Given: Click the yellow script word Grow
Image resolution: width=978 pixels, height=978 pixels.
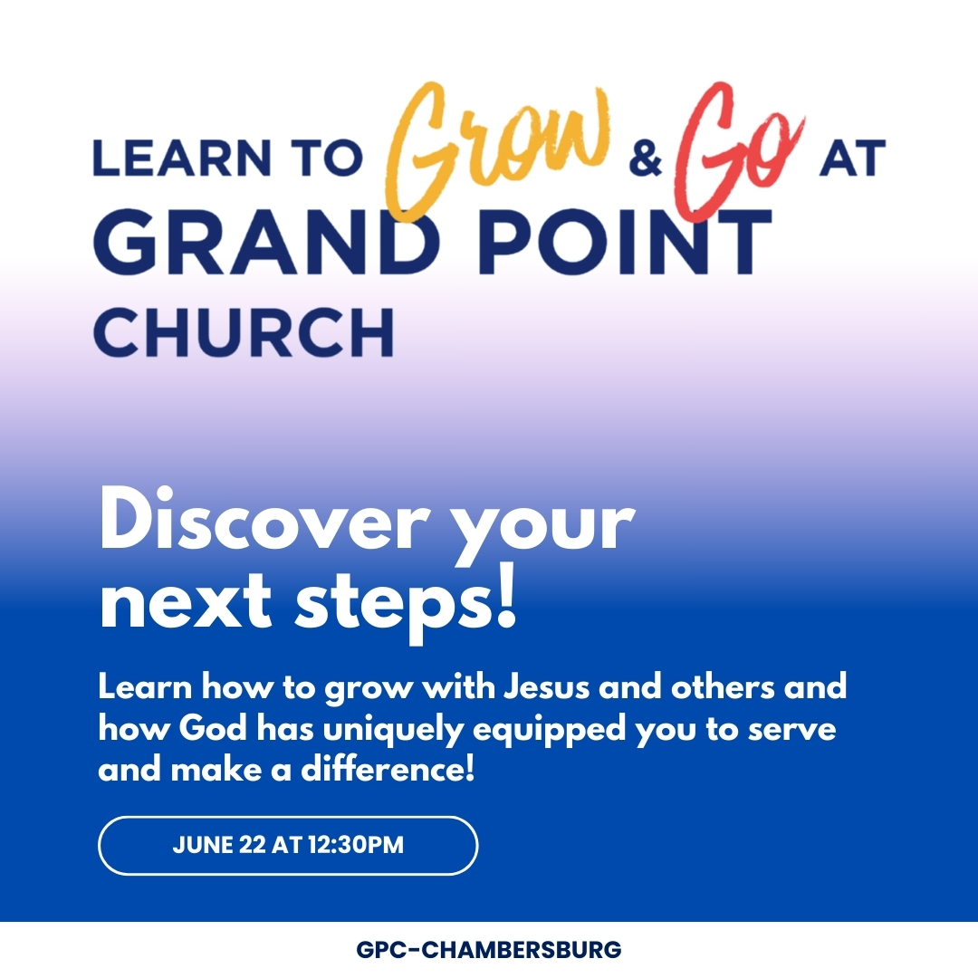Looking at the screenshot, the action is pos(496,149).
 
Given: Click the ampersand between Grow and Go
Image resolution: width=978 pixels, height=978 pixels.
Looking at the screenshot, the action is pos(645,158).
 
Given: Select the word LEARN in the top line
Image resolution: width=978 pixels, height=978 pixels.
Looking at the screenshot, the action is pos(182,158).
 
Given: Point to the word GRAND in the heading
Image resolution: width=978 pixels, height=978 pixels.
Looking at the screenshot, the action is pos(263,242).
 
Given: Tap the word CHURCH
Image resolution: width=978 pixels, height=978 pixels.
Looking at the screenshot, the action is pos(244,331).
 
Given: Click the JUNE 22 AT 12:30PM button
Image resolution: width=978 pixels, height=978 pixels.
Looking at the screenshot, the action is pos(288,845).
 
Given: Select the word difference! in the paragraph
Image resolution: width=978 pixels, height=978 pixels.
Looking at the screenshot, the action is pos(388,769).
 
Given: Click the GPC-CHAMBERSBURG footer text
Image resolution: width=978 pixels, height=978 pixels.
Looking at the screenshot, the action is pos(489,949).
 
